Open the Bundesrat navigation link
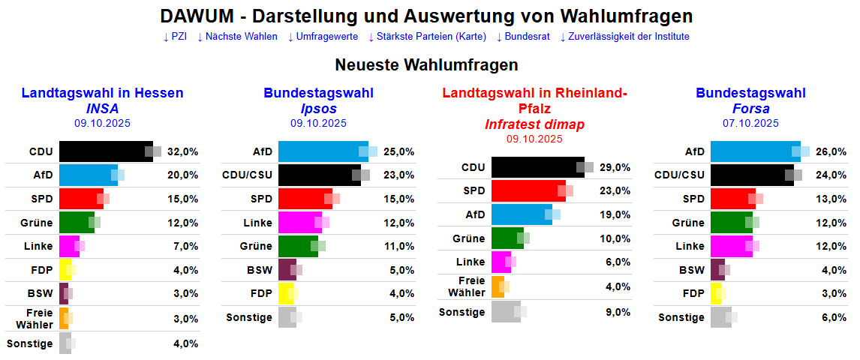pos(530,36)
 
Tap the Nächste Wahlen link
pos(237,36)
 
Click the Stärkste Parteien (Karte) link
pos(427,36)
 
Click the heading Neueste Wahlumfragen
pos(426,65)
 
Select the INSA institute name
pos(102,108)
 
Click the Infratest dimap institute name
pos(534,124)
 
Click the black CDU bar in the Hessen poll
pos(105,151)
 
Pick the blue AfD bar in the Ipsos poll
pos(323,151)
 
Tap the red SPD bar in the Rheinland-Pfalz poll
pos(528,190)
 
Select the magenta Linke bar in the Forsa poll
pos(731,246)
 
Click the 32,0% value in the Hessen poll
pos(182,151)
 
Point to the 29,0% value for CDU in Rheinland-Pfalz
pos(615,167)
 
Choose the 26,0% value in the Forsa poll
pos(831,151)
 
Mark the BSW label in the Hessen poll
pos(41,293)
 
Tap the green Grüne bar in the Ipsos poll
pos(297,246)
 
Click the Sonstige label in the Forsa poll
pos(681,317)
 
